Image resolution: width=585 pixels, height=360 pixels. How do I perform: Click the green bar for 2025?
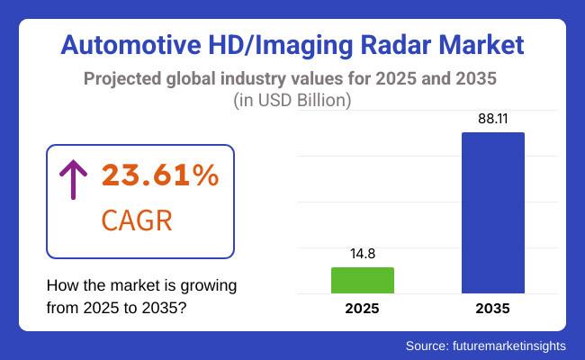[x=363, y=280]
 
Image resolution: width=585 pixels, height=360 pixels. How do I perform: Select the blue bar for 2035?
[x=493, y=212]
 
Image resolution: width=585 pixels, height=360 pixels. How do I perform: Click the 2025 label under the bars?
[x=363, y=309]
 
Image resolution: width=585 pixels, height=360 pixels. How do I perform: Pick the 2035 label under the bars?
[x=493, y=309]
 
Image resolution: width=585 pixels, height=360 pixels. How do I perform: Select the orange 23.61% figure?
[x=159, y=175]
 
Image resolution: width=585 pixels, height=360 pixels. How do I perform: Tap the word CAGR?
[x=138, y=220]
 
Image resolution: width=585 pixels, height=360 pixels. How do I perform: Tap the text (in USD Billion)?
[x=292, y=101]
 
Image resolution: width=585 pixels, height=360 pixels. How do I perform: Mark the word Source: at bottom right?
[x=428, y=345]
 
